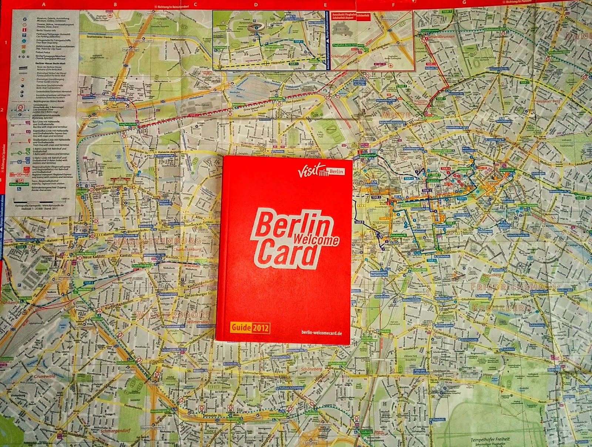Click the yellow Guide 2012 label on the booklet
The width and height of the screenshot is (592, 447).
click(250, 328)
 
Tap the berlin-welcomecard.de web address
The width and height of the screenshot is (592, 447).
click(322, 333)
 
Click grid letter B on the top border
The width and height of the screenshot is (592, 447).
click(115, 5)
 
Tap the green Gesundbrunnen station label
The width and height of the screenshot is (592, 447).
click(430, 30)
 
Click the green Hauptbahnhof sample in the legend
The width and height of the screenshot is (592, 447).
click(18, 184)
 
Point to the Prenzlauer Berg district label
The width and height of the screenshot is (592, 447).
click(548, 101)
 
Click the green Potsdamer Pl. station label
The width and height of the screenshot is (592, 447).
click(398, 235)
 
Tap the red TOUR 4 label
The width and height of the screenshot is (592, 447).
click(445, 169)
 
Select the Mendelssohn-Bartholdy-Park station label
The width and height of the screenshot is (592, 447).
click(379, 274)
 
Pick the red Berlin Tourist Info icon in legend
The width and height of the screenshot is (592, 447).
click(24, 29)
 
